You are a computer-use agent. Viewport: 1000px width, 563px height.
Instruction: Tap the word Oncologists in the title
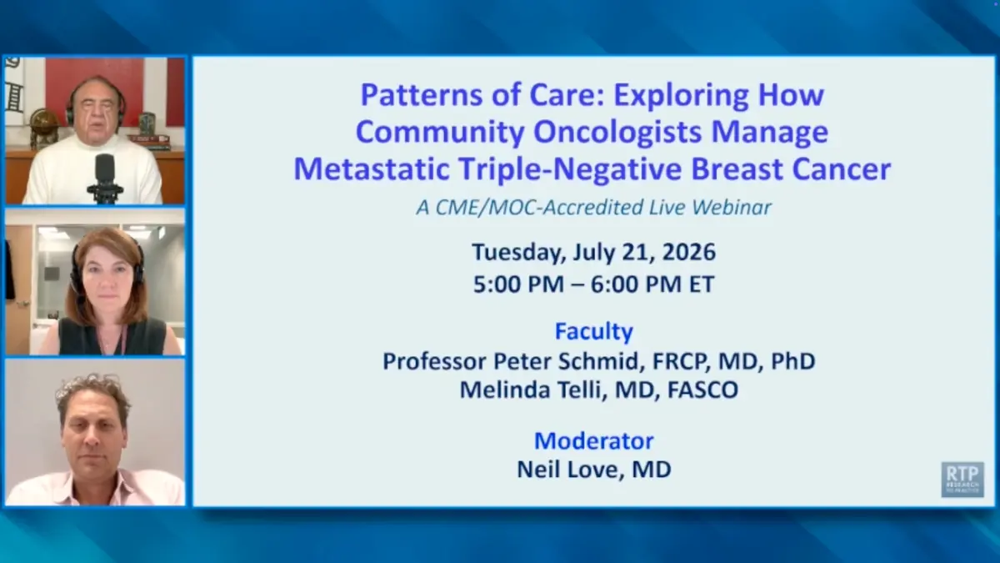click(617, 133)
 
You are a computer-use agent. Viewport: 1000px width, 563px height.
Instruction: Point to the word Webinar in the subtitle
click(732, 208)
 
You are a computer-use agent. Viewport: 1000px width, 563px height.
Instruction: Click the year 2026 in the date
click(689, 252)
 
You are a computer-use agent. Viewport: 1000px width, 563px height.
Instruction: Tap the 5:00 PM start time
click(518, 284)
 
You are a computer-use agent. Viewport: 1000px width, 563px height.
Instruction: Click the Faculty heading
click(593, 332)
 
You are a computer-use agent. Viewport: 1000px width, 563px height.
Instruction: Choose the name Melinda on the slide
click(504, 390)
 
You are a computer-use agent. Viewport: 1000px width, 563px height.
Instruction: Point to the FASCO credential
click(702, 390)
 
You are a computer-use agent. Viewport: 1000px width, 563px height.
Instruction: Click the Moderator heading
click(593, 441)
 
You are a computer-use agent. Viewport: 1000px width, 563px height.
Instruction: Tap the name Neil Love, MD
click(593, 470)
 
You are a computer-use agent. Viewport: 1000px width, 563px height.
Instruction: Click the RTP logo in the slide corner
click(962, 480)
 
